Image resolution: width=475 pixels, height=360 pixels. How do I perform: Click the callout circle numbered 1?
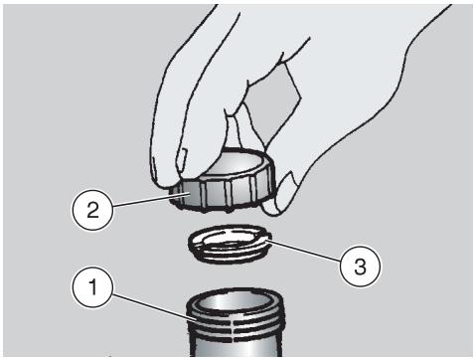tap(93, 287)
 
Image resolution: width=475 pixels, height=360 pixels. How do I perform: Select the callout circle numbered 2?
tap(93, 210)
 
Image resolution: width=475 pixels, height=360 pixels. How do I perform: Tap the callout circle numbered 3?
tap(361, 266)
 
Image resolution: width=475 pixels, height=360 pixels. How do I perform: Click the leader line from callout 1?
tap(152, 306)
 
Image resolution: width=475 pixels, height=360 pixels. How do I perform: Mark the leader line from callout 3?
tap(304, 250)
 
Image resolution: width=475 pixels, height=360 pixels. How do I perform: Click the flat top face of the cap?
tap(236, 166)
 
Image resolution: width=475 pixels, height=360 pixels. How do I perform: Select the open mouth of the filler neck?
tap(236, 304)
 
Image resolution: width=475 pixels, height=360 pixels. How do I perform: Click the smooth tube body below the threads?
tap(237, 347)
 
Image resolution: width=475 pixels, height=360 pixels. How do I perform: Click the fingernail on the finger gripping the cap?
tap(183, 159)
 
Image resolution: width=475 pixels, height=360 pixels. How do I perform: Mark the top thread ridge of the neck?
tap(236, 315)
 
